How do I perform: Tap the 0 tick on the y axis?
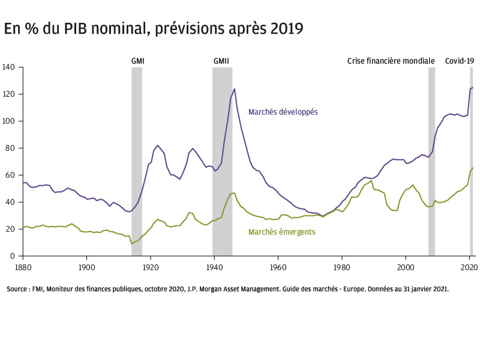12,256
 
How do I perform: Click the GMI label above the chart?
138,61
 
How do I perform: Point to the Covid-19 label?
459,61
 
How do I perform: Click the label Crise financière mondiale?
391,61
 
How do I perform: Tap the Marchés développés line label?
283,112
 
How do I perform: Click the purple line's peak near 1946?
234,89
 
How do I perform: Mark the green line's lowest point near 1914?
131,244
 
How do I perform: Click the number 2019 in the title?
285,28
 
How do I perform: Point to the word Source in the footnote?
17,289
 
